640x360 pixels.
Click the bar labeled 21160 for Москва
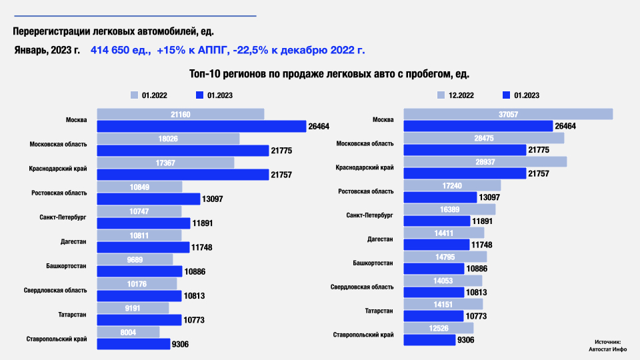(181, 115)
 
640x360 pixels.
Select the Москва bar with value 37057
(508, 115)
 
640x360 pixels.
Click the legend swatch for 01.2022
(134, 95)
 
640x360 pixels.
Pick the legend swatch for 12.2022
(441, 95)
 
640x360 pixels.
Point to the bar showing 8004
(129, 332)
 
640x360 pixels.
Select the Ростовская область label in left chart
(59, 193)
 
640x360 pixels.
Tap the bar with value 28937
(485, 163)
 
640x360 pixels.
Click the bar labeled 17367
(166, 163)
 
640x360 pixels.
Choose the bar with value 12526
(439, 328)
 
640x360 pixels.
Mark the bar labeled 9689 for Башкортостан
(135, 259)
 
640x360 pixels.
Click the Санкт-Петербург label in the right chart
(370, 215)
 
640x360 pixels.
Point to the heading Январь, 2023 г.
(47, 50)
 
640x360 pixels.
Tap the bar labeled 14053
(443, 281)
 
